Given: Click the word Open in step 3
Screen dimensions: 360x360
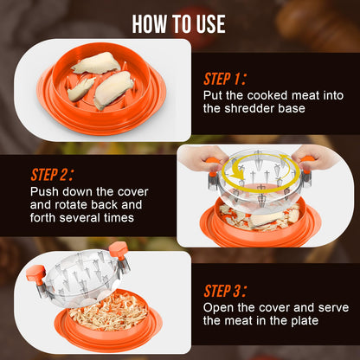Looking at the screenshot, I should click(220, 308).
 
